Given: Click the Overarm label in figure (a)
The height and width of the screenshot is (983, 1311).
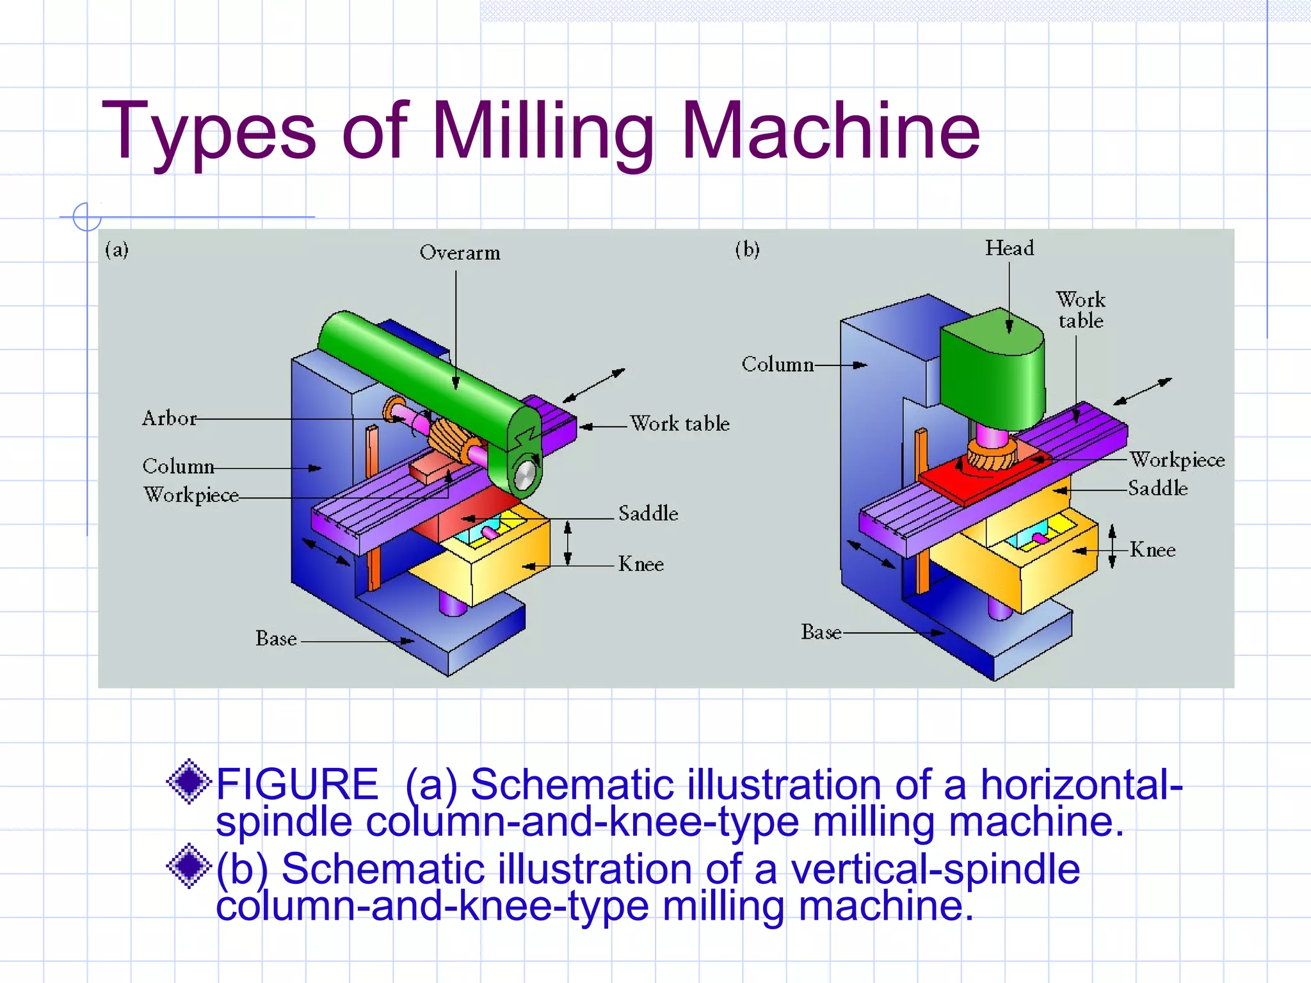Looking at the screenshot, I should click(460, 253).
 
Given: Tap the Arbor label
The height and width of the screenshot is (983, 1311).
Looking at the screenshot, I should click(169, 419).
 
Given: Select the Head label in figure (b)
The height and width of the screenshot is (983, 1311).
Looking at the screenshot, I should click(1009, 248).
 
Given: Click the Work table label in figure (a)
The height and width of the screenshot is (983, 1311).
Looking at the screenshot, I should click(679, 424).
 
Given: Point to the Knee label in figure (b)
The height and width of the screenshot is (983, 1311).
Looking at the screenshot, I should click(1152, 550).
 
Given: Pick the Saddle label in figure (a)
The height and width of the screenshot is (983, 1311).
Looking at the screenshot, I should click(648, 513).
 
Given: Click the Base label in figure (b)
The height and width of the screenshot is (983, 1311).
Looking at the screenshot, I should click(821, 632).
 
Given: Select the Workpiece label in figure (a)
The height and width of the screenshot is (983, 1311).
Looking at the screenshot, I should click(191, 495).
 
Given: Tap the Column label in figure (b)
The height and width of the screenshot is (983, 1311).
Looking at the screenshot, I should click(777, 365).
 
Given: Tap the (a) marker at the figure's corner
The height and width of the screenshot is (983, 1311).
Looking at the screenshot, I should click(117, 249).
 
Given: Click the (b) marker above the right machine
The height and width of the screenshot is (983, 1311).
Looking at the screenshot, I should click(747, 248).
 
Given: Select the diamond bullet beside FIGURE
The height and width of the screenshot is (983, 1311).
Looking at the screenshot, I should click(189, 781).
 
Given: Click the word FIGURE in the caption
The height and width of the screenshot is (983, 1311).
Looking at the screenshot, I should click(298, 785).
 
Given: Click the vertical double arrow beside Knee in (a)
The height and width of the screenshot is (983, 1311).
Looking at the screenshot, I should click(567, 543).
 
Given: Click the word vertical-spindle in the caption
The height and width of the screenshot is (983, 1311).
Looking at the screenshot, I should click(935, 869).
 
